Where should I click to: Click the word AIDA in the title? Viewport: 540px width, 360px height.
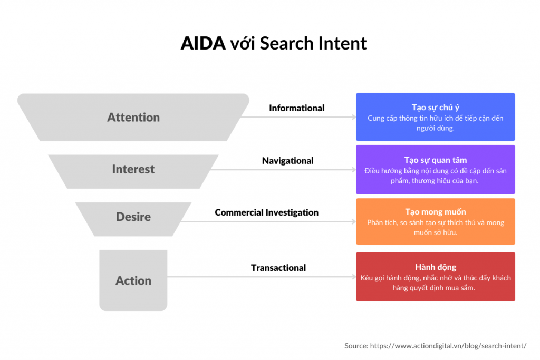(x=203, y=44)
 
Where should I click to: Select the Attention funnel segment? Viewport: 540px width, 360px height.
(x=133, y=117)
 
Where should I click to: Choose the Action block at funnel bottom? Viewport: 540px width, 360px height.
(x=133, y=280)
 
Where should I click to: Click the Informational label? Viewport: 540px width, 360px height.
(x=296, y=108)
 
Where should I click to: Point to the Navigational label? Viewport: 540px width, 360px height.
(x=287, y=161)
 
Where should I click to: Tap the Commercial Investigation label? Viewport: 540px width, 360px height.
(x=266, y=213)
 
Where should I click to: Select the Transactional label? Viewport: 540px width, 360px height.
(x=278, y=268)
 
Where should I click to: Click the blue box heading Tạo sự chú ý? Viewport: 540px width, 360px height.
(x=435, y=108)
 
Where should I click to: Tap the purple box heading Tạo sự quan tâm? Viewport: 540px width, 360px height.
(x=435, y=160)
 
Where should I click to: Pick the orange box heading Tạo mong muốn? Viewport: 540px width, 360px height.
(x=435, y=212)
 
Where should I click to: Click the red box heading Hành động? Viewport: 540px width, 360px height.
(x=435, y=267)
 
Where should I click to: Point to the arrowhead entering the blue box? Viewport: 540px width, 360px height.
(x=354, y=117)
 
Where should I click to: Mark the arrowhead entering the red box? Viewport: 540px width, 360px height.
(x=354, y=277)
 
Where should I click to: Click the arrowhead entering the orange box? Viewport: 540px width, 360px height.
(x=354, y=222)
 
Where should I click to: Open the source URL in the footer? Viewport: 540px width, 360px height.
(x=448, y=346)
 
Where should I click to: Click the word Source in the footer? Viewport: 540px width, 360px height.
(x=356, y=346)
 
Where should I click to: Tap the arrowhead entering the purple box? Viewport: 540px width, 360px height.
(x=354, y=170)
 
